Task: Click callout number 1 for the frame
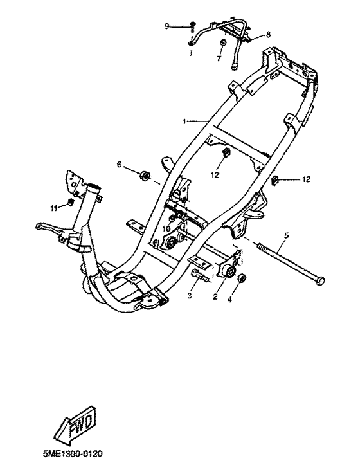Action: pos(184,121)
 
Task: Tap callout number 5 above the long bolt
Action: pos(286,235)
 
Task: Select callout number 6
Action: pos(120,164)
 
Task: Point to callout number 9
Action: pos(166,26)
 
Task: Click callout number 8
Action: pos(268,35)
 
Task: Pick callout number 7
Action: pos(219,58)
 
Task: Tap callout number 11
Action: pos(54,208)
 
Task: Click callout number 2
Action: pos(215,296)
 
